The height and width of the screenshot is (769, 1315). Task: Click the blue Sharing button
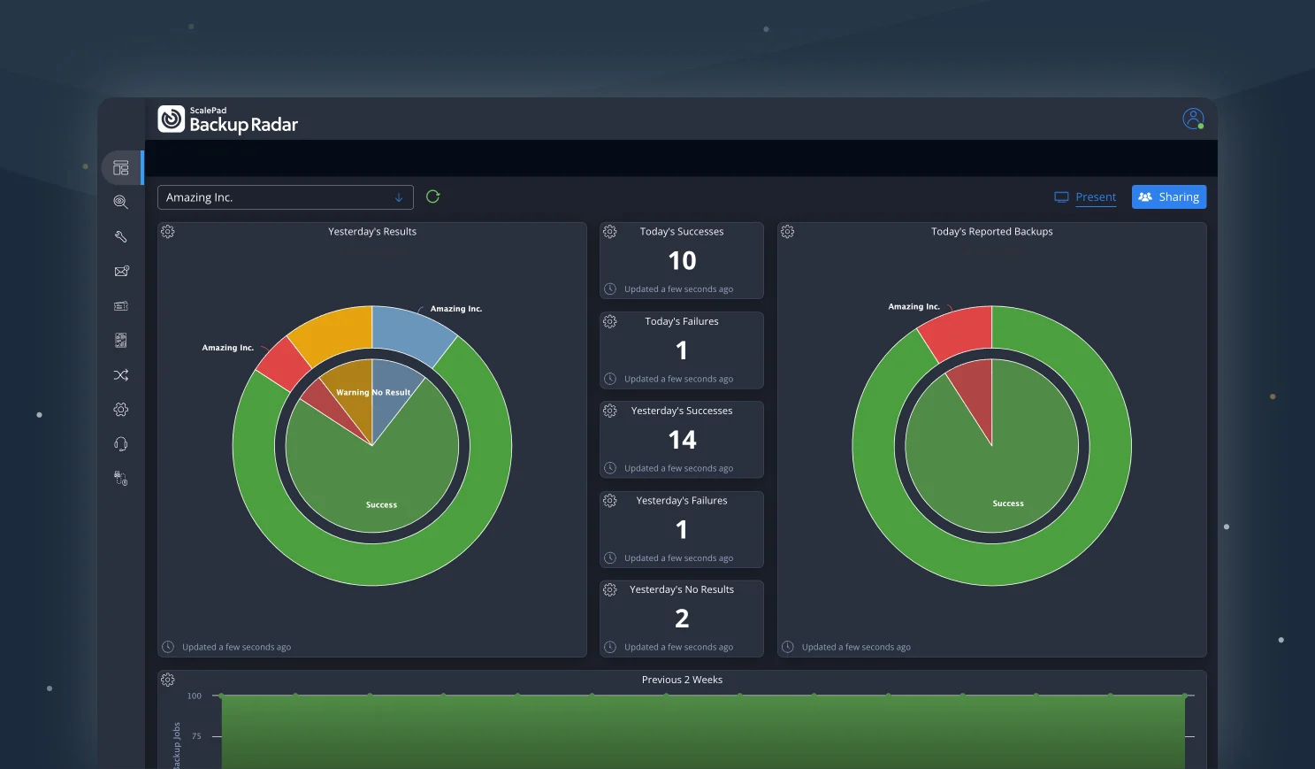coord(1168,197)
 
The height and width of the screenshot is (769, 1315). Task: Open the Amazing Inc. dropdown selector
coord(285,197)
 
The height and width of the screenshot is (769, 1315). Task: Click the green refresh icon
coord(432,196)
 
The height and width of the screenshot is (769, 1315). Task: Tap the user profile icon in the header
coord(1193,119)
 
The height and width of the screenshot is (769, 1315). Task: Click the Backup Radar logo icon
coord(172,119)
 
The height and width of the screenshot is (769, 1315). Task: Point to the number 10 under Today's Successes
coord(682,261)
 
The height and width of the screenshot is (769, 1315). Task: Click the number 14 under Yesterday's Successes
coord(682,440)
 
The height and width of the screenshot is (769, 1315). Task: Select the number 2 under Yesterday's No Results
coord(682,619)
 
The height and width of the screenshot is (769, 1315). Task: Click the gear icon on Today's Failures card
coord(610,321)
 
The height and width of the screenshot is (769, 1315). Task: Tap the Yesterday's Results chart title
coord(372,232)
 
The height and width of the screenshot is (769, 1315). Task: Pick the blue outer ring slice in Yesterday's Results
coord(411,331)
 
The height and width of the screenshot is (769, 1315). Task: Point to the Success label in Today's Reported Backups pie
coord(1007,504)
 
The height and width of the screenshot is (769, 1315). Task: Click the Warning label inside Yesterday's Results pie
coord(352,393)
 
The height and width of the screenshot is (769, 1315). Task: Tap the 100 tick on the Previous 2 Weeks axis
coord(195,696)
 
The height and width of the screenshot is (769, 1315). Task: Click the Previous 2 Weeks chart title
coord(682,680)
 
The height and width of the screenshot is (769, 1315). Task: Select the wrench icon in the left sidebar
coord(121,236)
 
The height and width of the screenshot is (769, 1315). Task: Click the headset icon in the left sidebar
coord(121,444)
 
